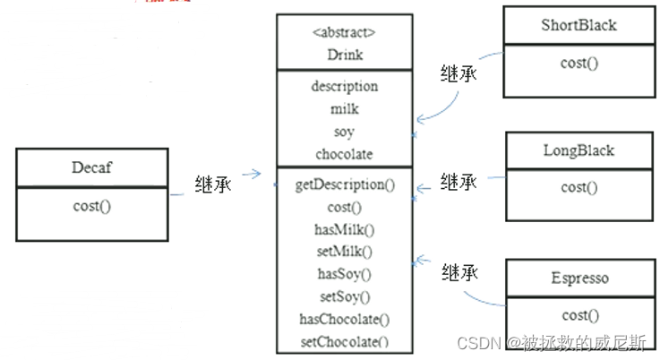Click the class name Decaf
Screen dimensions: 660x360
[x=91, y=167]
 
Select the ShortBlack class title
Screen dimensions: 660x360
[x=579, y=25]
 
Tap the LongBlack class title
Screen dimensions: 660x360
[x=579, y=150]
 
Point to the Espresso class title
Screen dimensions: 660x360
[x=580, y=279]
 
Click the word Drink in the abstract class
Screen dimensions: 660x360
[x=345, y=55]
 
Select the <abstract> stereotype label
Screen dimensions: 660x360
[x=344, y=32]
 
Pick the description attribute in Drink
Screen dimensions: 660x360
[x=344, y=87]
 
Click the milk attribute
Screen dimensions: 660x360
[x=344, y=109]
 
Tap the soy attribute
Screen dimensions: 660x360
[x=344, y=133]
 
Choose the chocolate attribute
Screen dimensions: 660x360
[x=344, y=154]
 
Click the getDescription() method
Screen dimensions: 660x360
[x=345, y=185]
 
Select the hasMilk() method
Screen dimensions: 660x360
[x=344, y=230]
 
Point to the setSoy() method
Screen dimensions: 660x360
[x=345, y=296]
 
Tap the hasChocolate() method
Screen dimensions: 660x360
[x=344, y=320]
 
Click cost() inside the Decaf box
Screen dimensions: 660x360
[x=91, y=206]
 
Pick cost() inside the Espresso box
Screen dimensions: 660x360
[x=580, y=316]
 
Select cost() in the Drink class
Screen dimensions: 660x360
[x=344, y=208]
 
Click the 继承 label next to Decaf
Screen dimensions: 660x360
[x=213, y=184]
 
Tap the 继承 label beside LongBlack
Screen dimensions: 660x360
[x=459, y=182]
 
